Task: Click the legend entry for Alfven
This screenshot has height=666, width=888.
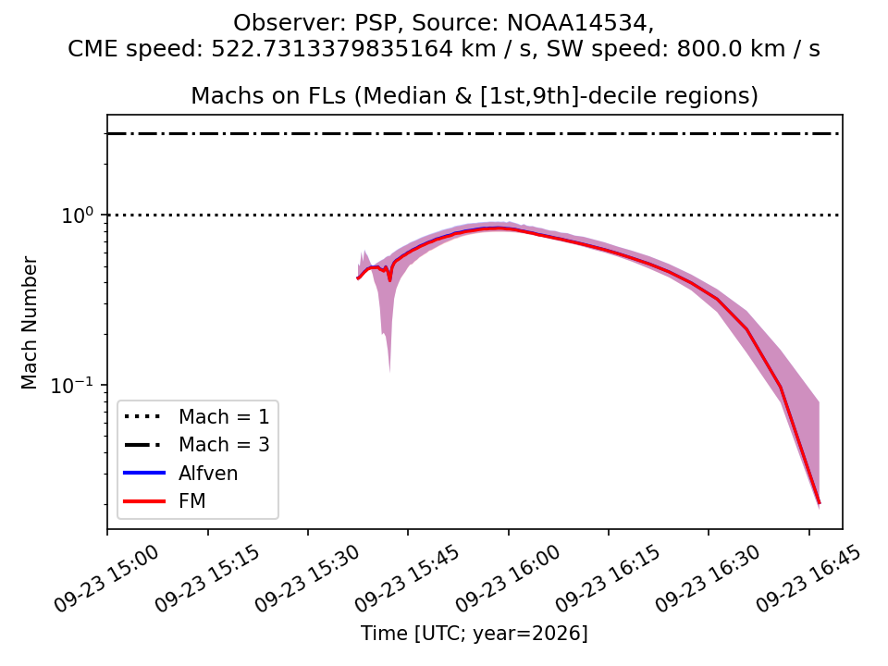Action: pos(180,473)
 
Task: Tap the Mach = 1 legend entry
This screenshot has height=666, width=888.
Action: pos(196,417)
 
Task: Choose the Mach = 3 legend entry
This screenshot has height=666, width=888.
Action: pos(196,445)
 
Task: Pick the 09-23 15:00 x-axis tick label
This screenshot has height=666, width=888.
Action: pos(105,578)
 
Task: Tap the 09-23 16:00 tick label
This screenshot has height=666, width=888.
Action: pos(508,578)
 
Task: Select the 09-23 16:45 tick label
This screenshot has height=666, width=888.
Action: pos(808,578)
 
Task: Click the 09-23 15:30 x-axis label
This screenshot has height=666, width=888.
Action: pos(306,578)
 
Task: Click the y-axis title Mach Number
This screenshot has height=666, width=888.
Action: pos(29,323)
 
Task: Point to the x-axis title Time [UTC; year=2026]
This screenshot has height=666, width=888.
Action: pos(475,633)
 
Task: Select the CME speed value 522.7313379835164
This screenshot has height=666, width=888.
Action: pos(332,49)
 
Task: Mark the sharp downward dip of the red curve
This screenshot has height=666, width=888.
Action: pos(389,279)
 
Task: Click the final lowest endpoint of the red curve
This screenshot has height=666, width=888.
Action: pos(819,503)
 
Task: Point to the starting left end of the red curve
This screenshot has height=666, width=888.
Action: pos(357,278)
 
